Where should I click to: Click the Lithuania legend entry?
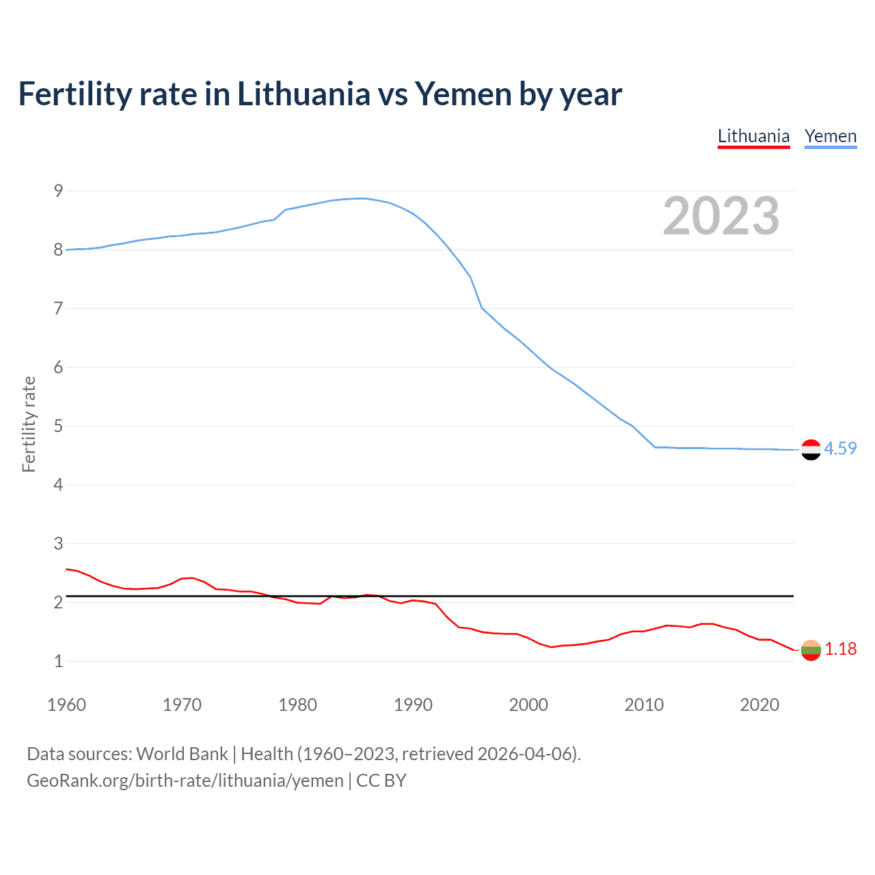coord(753,137)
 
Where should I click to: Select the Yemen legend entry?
coord(830,137)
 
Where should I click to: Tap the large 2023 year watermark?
coord(721,216)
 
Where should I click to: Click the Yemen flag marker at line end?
coord(811,449)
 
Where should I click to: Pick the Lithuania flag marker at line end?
coord(811,649)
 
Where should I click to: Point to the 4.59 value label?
coord(840,448)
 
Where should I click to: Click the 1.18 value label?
coord(840,649)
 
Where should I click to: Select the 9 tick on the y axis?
coord(58,191)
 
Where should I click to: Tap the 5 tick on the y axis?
coord(58,426)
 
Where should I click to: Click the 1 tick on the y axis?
coord(58,661)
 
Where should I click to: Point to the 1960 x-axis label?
coord(66,705)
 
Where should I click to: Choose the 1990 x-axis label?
coord(413,705)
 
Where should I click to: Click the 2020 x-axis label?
coord(759,705)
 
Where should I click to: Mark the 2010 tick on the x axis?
coord(644,705)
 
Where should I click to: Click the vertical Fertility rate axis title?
coord(29,424)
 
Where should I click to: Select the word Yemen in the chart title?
coord(463,94)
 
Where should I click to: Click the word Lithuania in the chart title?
coord(304,94)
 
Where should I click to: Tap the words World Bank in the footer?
coord(182,754)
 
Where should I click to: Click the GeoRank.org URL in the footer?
coord(185,781)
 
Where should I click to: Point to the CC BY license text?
coord(381,781)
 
